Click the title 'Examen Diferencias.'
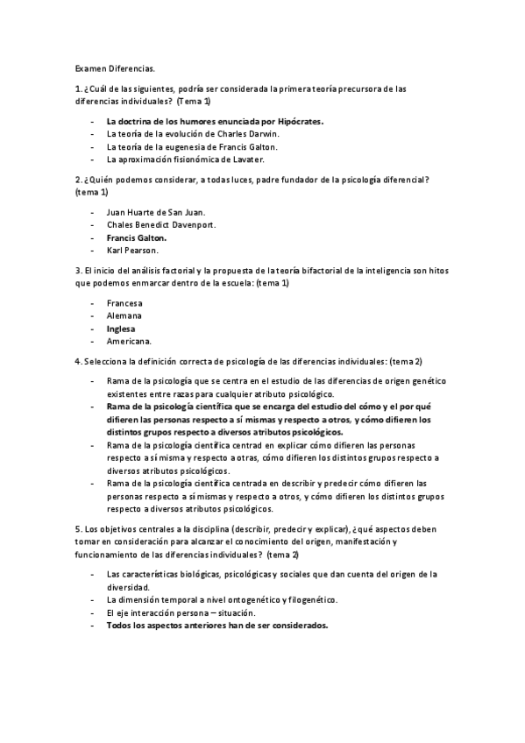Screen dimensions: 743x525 coord(113,66)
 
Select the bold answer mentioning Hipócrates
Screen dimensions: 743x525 coord(214,121)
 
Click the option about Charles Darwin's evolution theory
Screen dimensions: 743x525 coord(191,134)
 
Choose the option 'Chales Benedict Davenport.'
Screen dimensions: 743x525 coord(160,224)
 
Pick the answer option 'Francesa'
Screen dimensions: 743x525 coord(124,303)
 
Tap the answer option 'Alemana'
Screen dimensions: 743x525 coord(124,315)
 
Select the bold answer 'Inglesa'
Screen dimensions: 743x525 coord(123,329)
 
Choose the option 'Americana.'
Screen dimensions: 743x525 coord(129,341)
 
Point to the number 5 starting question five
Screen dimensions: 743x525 coord(78,530)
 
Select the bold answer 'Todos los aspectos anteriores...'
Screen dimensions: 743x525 coord(216,626)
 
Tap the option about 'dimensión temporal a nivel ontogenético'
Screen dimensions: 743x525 coord(221,600)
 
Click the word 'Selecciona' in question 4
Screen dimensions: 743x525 coord(107,362)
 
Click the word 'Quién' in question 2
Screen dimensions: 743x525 coord(100,180)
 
